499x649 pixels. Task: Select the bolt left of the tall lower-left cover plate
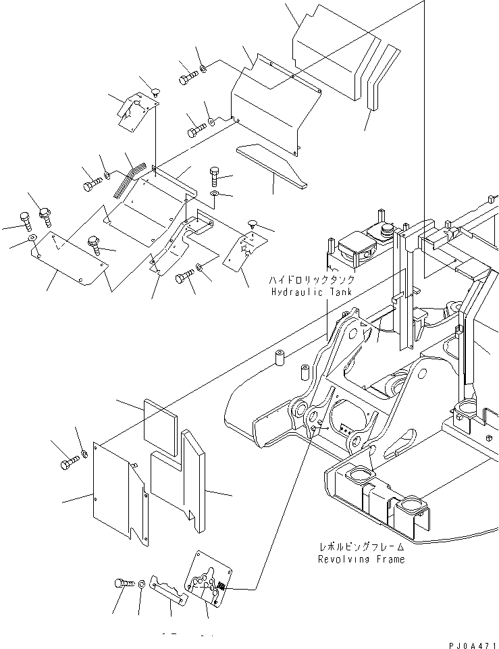69,463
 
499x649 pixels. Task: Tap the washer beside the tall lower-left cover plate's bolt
84,453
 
